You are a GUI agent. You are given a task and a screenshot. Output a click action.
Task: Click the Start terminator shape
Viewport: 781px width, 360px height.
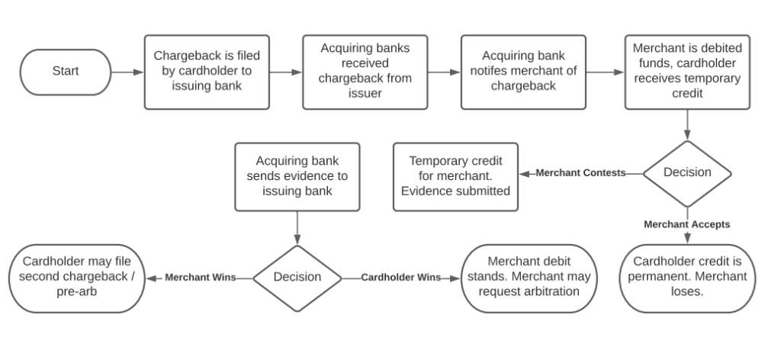[x=66, y=72]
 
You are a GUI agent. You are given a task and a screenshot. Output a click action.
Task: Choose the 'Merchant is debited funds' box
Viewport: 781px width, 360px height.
[x=687, y=72]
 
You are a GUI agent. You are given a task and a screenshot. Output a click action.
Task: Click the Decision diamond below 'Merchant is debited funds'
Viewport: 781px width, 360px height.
[x=687, y=172]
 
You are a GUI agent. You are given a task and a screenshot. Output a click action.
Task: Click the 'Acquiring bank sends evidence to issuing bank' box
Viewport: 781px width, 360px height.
[x=297, y=176]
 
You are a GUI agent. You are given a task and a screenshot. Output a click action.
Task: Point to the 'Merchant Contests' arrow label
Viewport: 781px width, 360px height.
[x=580, y=172]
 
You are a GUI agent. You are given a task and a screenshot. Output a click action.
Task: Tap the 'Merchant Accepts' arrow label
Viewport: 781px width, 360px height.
[x=687, y=224]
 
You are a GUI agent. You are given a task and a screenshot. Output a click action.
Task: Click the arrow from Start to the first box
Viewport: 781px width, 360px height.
[x=127, y=72]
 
